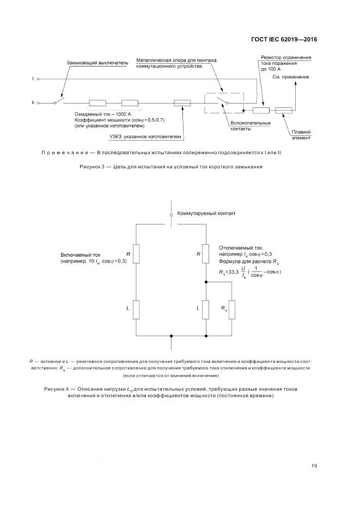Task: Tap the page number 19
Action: pyautogui.click(x=314, y=465)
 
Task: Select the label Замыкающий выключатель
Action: pyautogui.click(x=97, y=63)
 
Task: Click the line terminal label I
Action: pyautogui.click(x=33, y=79)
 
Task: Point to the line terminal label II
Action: pyautogui.click(x=33, y=102)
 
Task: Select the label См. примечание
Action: pyautogui.click(x=291, y=77)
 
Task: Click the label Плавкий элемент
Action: pyautogui.click(x=301, y=135)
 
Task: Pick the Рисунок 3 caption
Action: pyautogui.click(x=172, y=167)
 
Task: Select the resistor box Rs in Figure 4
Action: pyautogui.click(x=232, y=309)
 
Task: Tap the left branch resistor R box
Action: pyautogui.click(x=136, y=254)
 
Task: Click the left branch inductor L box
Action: pyautogui.click(x=136, y=309)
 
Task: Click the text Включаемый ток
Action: pyautogui.click(x=80, y=254)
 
